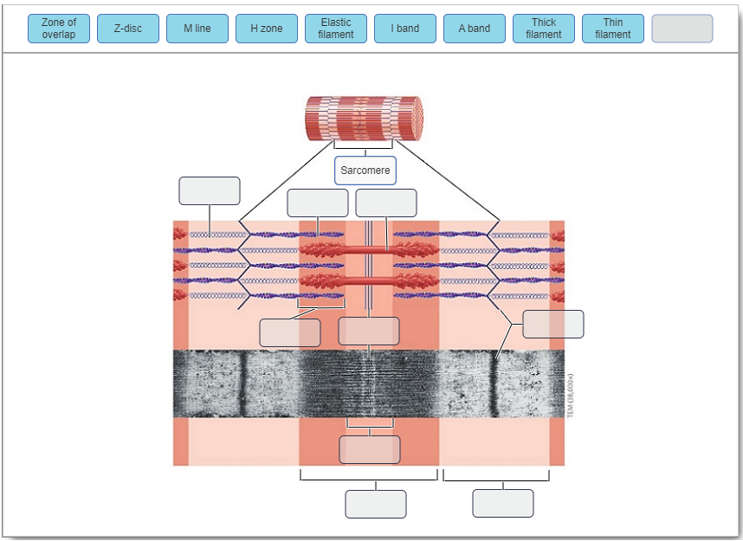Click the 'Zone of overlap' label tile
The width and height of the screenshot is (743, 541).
click(x=59, y=29)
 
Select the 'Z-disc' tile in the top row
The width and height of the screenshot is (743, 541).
click(x=128, y=29)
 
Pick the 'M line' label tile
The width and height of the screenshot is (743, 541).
click(x=197, y=29)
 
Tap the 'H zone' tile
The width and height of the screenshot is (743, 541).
click(x=267, y=29)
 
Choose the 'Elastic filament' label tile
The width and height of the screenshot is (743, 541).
click(x=336, y=29)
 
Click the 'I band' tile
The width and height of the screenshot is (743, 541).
click(x=405, y=29)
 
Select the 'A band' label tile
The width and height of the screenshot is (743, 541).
click(x=475, y=29)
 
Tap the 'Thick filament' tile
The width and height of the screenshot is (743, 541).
click(x=544, y=29)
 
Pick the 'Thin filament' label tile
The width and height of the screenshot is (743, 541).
click(x=613, y=29)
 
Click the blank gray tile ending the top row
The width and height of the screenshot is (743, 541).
click(x=682, y=29)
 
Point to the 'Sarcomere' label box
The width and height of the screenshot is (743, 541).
click(x=365, y=171)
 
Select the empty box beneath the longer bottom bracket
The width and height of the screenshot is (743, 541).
click(x=376, y=504)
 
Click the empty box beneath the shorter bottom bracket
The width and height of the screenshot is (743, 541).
click(x=503, y=503)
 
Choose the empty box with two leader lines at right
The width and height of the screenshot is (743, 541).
click(x=553, y=324)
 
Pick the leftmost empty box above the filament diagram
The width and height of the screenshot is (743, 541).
click(x=210, y=190)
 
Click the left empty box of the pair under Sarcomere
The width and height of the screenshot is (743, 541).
click(x=318, y=203)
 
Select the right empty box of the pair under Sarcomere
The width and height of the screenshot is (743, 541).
click(x=386, y=203)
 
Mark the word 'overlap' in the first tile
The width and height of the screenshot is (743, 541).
click(x=59, y=35)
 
